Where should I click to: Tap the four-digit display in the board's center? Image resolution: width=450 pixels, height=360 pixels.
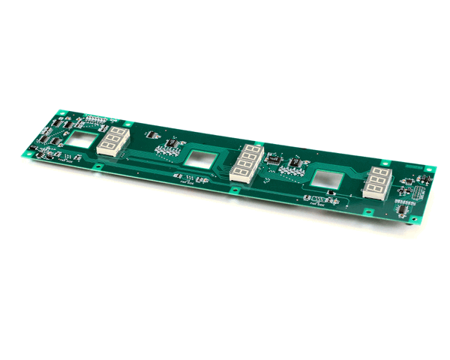tap(245, 163)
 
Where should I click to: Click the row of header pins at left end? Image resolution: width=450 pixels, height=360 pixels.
tap(96, 118)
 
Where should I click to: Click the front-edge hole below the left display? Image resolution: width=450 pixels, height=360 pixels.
tap(98, 165)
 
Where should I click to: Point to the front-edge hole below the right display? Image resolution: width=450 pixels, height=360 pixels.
tap(367, 212)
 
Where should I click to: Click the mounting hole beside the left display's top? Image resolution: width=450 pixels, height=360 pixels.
tap(128, 124)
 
